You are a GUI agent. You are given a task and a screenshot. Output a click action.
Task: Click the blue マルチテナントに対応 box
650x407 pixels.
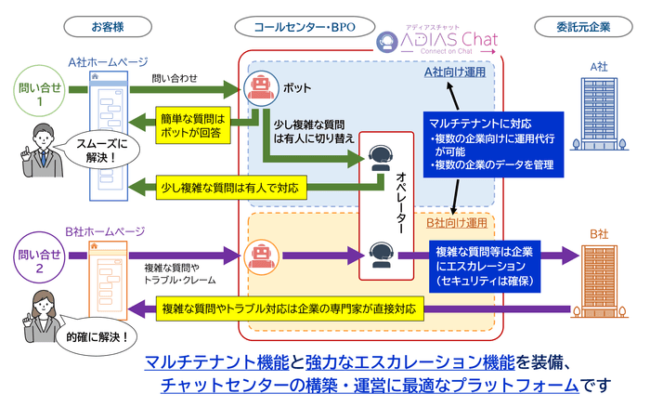pos(491,143)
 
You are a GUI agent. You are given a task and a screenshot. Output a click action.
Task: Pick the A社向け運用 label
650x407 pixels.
pos(455,72)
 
